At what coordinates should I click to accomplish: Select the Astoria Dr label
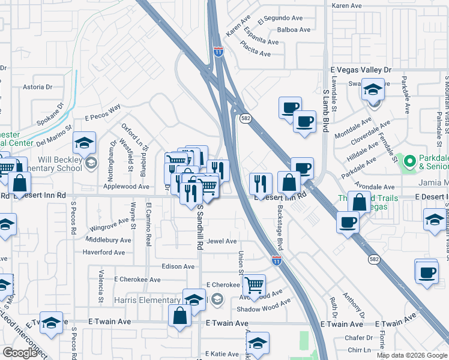pos(37,87)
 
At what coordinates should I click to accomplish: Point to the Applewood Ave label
pos(127,187)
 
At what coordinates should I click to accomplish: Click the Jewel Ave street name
pos(221,241)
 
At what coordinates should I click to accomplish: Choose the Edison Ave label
pos(178,266)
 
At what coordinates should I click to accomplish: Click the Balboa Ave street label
pos(293,29)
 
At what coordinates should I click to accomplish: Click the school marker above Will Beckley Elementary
pos(84,143)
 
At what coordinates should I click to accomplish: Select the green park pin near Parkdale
pos(409,161)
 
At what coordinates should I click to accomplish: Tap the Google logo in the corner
pos(20,353)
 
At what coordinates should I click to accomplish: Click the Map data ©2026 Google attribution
pos(411,355)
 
